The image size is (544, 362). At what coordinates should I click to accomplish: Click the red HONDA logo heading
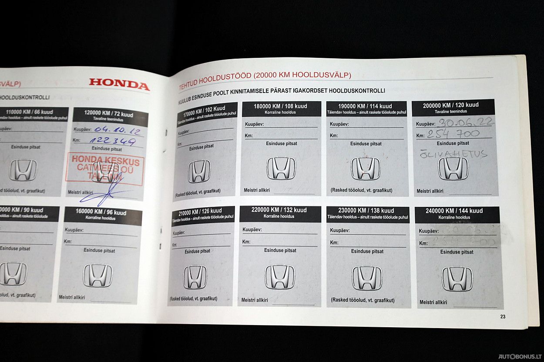point(119,84)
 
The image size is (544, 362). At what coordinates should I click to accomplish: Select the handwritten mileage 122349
point(112,140)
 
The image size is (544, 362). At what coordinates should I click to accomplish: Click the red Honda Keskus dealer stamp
point(105,169)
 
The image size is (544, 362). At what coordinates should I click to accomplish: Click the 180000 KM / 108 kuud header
point(280,106)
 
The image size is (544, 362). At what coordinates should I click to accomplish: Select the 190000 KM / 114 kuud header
point(365,106)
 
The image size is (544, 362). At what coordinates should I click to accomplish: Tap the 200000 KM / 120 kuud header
point(450,105)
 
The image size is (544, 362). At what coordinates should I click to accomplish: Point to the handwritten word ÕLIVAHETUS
point(453,154)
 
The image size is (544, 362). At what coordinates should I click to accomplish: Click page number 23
point(503,317)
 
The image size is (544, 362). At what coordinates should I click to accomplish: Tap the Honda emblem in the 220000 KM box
point(280,277)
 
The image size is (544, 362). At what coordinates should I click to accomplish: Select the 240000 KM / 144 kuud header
point(454,211)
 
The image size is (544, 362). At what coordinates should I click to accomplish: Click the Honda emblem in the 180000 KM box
point(281,168)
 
